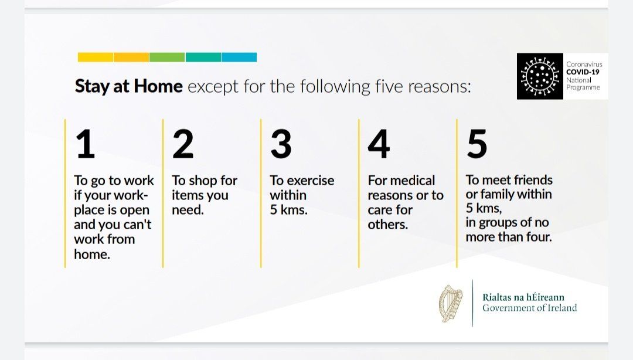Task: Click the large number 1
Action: (86, 144)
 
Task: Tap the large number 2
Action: (183, 144)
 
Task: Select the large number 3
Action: (281, 144)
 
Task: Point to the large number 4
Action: (379, 144)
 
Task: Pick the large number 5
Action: (477, 144)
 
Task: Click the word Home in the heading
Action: (158, 86)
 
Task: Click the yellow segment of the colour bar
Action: (96, 57)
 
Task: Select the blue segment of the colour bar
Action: (239, 57)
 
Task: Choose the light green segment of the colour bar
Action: (167, 57)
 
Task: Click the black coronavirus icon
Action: (540, 76)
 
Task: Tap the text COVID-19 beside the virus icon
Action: (583, 72)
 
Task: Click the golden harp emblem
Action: (451, 304)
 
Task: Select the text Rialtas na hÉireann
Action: (523, 297)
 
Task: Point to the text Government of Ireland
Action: (530, 308)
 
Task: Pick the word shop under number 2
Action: (203, 181)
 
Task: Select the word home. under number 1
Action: (92, 254)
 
